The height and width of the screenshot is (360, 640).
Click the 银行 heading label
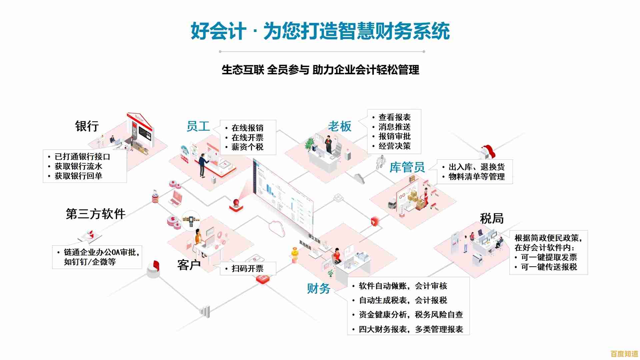pyautogui.click(x=87, y=126)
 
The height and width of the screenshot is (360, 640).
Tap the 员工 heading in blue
pyautogui.click(x=198, y=126)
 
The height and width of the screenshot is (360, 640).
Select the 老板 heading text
pyautogui.click(x=340, y=126)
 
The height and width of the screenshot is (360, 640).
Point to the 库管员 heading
pyautogui.click(x=407, y=167)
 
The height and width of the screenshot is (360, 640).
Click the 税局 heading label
pyautogui.click(x=492, y=219)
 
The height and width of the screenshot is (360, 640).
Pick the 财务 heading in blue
pyautogui.click(x=319, y=288)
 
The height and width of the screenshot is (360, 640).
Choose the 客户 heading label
pyautogui.click(x=189, y=265)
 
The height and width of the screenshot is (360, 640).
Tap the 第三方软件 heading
pyautogui.click(x=96, y=214)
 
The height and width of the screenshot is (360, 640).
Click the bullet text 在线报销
pyautogui.click(x=247, y=128)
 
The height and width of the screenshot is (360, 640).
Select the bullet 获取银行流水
pyautogui.click(x=78, y=166)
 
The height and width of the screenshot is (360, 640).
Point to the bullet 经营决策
pyautogui.click(x=394, y=146)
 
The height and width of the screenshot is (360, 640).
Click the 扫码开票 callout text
pyautogui.click(x=247, y=269)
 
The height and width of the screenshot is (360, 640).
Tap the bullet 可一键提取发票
pyautogui.click(x=549, y=257)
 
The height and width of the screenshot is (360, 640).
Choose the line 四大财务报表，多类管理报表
pyautogui.click(x=411, y=329)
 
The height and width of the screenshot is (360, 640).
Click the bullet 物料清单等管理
pyautogui.click(x=476, y=177)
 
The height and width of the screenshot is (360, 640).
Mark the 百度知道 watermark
pyautogui.click(x=624, y=354)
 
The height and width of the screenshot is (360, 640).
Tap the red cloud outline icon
pyautogui.click(x=277, y=228)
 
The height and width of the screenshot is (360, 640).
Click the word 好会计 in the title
pyautogui.click(x=218, y=31)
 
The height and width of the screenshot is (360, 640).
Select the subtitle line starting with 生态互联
pyautogui.click(x=320, y=70)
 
